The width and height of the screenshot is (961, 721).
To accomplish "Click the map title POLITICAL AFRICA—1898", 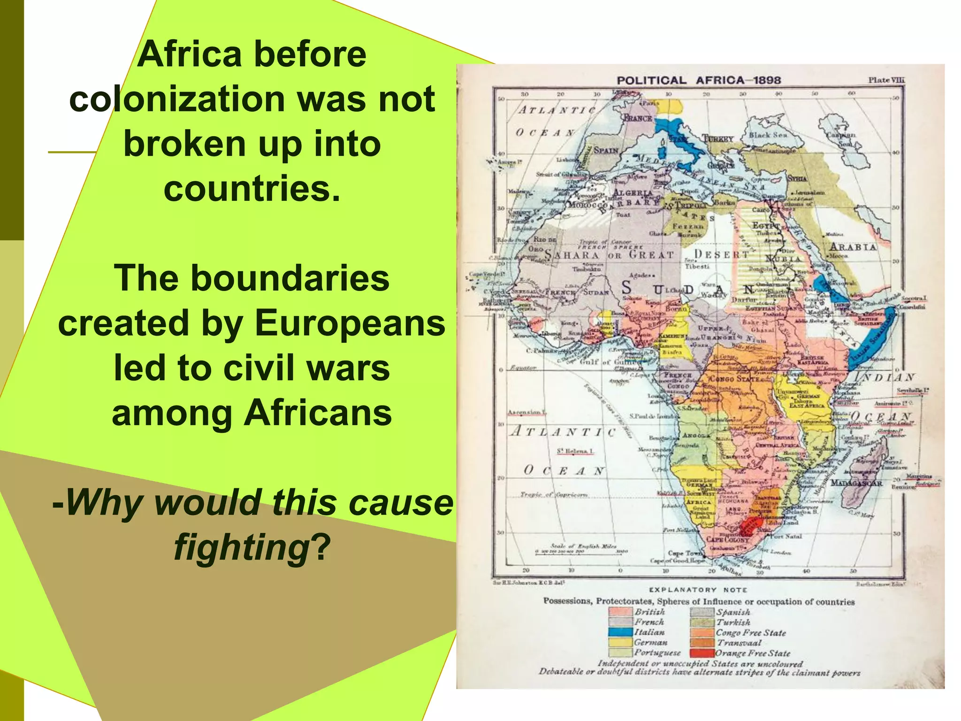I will tap(699, 80).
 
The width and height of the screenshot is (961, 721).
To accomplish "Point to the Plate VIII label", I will tap(885, 80).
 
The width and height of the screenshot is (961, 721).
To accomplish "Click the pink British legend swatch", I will tap(620, 612).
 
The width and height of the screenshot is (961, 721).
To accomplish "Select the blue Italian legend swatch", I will tap(620, 632).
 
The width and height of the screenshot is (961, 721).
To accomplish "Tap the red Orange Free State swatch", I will tap(702, 653).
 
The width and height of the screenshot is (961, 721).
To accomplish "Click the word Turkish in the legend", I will tap(733, 622).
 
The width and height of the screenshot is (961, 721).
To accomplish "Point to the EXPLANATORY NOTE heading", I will tap(698, 590).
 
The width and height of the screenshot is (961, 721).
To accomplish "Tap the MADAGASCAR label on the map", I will tap(857, 483).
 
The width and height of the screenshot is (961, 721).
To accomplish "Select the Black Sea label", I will tap(768, 135).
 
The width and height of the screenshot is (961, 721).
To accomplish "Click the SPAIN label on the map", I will tap(606, 150).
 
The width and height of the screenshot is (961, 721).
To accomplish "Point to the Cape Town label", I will tap(684, 553).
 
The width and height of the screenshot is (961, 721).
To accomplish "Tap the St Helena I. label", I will tap(575, 451).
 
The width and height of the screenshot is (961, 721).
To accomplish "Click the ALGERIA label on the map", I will tap(633, 193).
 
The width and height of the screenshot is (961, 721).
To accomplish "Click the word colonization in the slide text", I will tap(177, 99).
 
